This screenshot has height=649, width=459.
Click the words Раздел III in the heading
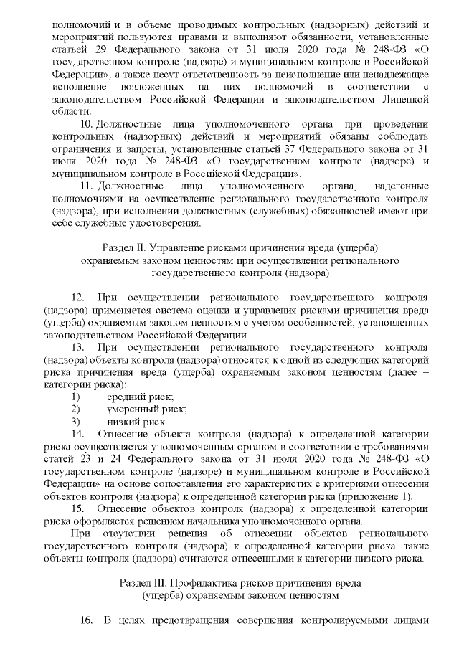[143, 582]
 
